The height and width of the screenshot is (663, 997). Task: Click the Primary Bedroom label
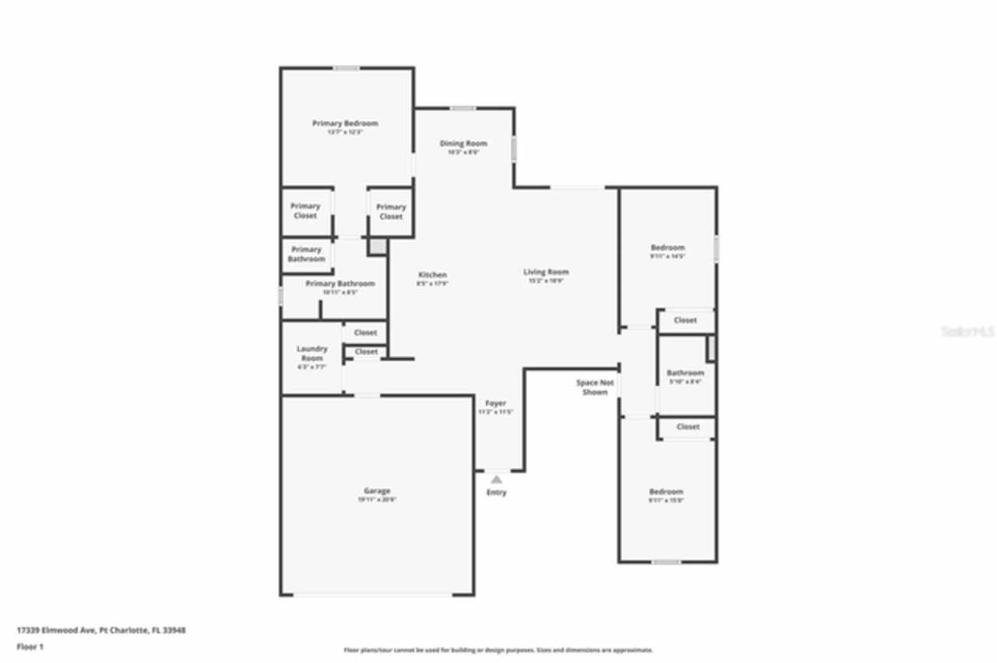click(x=345, y=124)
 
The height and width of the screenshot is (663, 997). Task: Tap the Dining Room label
click(x=463, y=144)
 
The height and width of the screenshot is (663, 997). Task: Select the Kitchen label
click(x=432, y=275)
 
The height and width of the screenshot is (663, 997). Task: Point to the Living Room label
click(x=546, y=272)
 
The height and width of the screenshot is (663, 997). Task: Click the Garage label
click(x=377, y=491)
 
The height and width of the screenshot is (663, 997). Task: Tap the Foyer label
click(x=495, y=403)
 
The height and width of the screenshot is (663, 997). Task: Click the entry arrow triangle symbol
click(x=496, y=480)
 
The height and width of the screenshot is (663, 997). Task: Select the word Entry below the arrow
click(x=496, y=493)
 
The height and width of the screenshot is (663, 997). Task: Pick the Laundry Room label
click(x=312, y=353)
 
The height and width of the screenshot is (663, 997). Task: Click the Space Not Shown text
click(x=595, y=387)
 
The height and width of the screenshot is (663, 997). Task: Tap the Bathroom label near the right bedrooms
click(x=685, y=374)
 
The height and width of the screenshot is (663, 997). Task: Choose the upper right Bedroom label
click(x=668, y=247)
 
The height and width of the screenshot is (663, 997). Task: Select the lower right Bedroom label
click(x=666, y=492)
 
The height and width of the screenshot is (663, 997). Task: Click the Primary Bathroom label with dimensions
click(x=340, y=284)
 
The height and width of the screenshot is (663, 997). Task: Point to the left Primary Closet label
click(x=305, y=211)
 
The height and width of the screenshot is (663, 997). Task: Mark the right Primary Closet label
click(x=390, y=212)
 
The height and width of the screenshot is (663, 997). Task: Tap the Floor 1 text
click(x=30, y=647)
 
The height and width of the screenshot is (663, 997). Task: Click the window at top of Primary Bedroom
click(x=347, y=68)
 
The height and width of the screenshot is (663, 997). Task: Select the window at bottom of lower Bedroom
click(x=666, y=562)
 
